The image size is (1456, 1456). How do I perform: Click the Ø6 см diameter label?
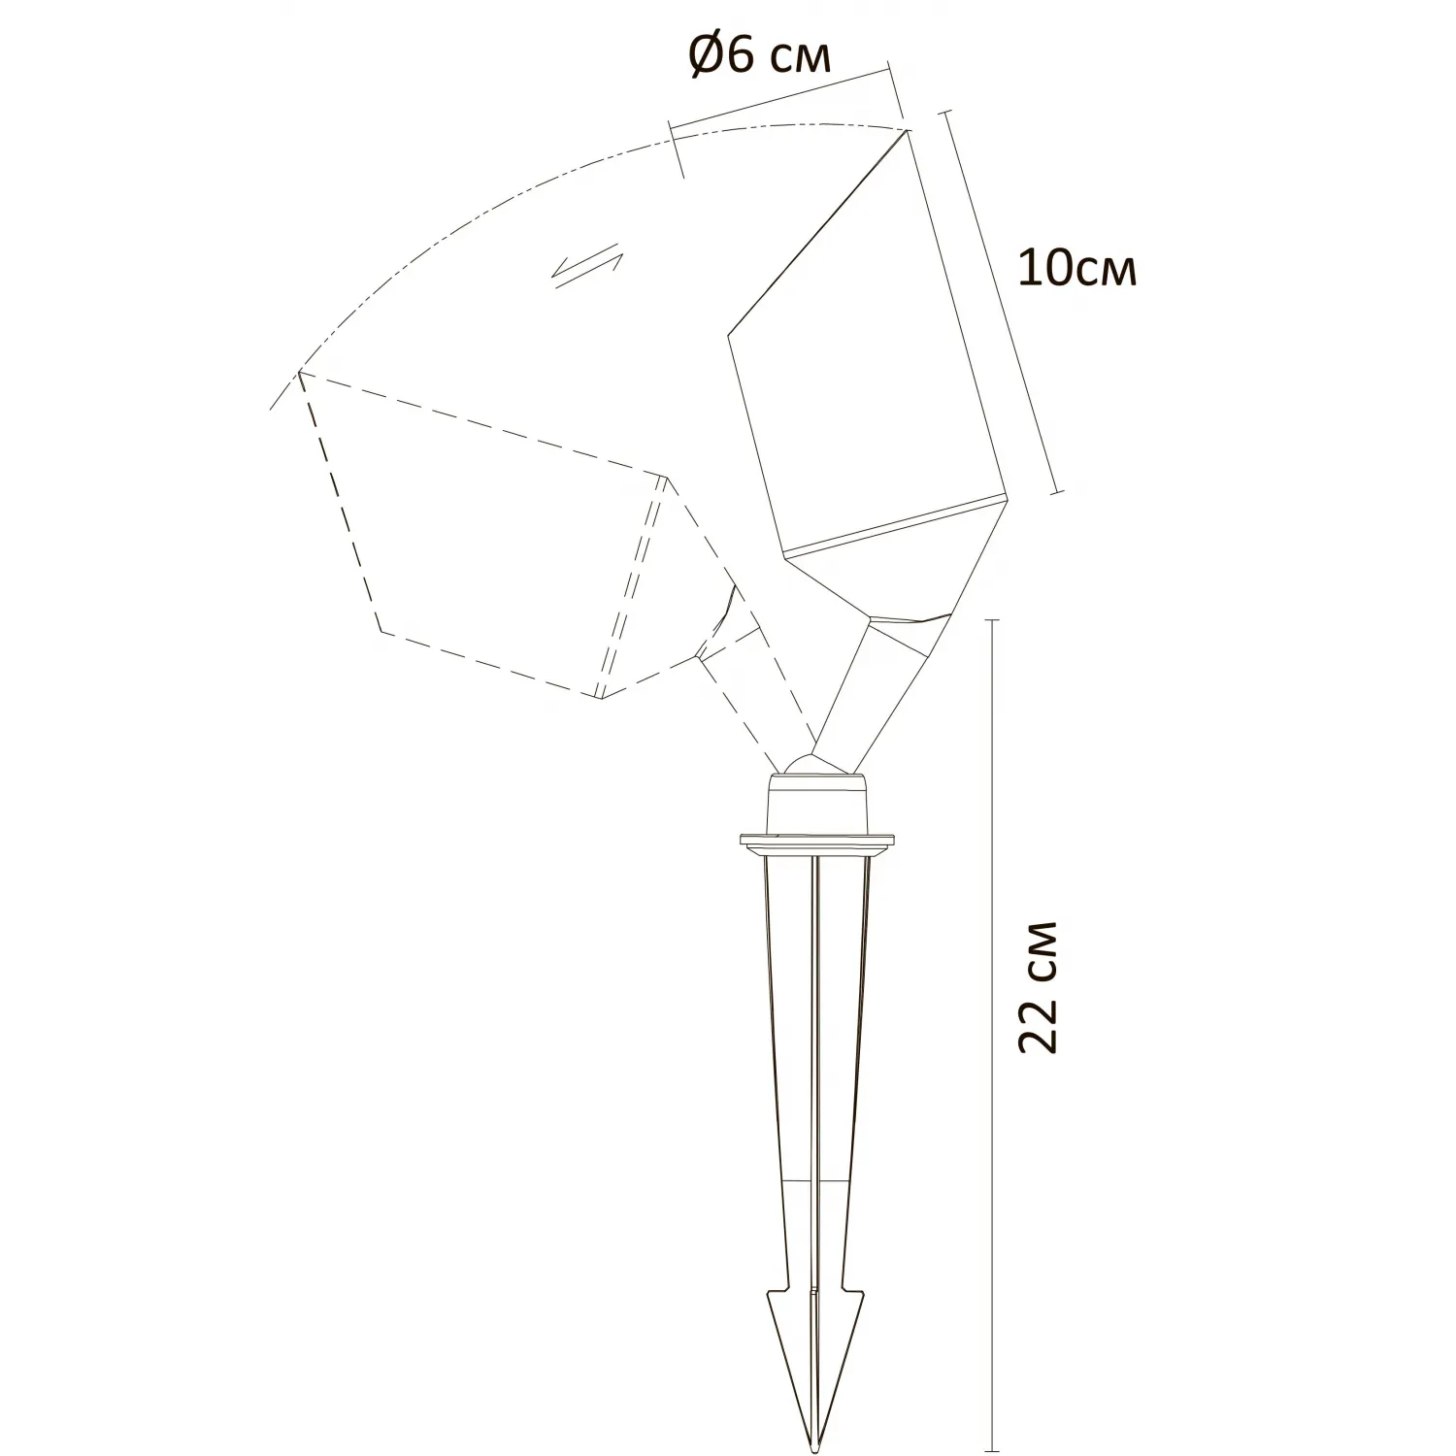760,57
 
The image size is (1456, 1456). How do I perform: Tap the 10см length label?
1076,268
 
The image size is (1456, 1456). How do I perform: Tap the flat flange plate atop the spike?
815,841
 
